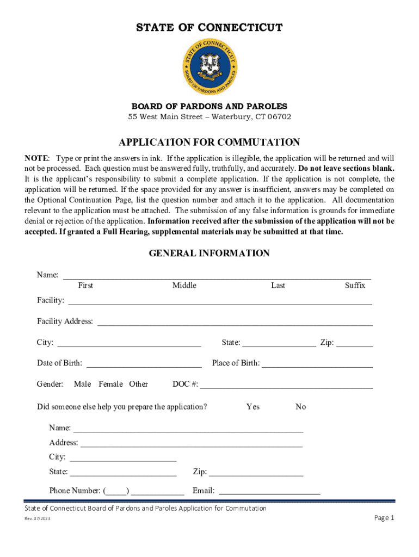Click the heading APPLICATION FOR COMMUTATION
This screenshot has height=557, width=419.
pyautogui.click(x=209, y=143)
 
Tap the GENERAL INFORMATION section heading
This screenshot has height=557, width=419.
pyautogui.click(x=209, y=253)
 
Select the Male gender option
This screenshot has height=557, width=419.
pyautogui.click(x=82, y=384)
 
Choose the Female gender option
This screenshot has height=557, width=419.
pyautogui.click(x=110, y=384)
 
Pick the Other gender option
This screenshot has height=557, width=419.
pyautogui.click(x=138, y=384)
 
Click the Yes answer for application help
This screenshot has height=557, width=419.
pyautogui.click(x=252, y=407)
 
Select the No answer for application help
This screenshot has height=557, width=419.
pyautogui.click(x=300, y=407)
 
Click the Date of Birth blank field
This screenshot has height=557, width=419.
pyautogui.click(x=144, y=363)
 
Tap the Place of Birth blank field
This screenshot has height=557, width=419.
pyautogui.click(x=317, y=363)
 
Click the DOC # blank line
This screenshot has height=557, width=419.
pyautogui.click(x=286, y=385)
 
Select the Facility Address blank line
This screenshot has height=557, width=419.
pyautogui.click(x=235, y=321)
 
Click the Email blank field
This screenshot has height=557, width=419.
pyautogui.click(x=269, y=491)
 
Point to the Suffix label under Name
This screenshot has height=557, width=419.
pyautogui.click(x=355, y=286)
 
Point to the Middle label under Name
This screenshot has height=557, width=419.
pyautogui.click(x=184, y=286)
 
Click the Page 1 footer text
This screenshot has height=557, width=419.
pyautogui.click(x=384, y=518)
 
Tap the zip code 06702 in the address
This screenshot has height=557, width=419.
pyautogui.click(x=279, y=117)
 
